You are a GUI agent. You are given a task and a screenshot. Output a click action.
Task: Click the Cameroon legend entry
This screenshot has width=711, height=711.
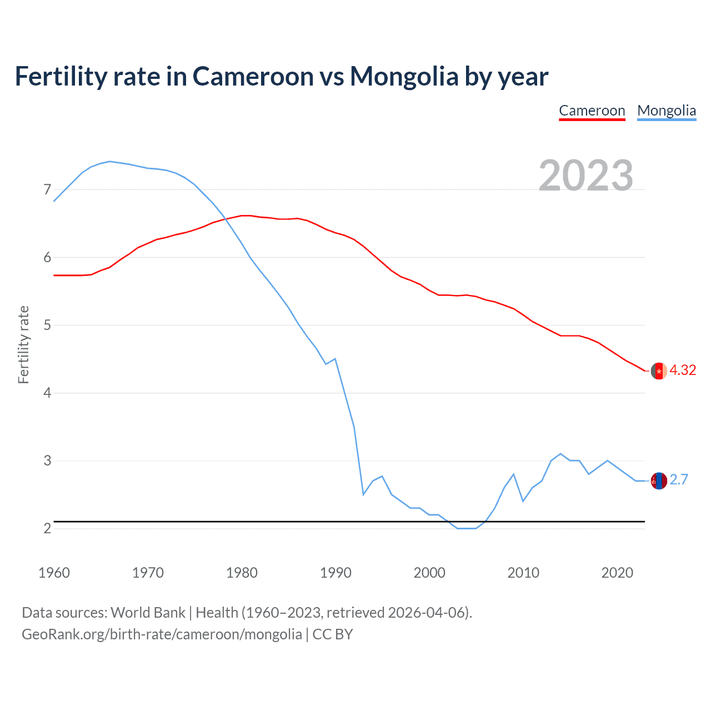pos(592,111)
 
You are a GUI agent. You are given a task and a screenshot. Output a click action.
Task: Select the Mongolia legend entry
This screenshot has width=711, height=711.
pos(666,111)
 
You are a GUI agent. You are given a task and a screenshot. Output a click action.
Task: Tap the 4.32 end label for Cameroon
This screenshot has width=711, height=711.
pos(682,370)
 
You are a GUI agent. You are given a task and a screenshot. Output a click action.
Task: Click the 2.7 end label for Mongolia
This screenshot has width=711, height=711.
pos(679,479)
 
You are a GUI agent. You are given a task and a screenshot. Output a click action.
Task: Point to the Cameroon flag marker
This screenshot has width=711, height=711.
pos(659,370)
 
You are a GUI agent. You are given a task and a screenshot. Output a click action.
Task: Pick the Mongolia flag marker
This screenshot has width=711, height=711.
pos(659,480)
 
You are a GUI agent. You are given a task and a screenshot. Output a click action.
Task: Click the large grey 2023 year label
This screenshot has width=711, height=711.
pos(585,176)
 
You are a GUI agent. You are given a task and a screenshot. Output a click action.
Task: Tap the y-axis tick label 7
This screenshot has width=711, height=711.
pos(47,190)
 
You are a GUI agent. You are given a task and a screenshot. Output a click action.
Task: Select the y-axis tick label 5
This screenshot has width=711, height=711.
pos(47,325)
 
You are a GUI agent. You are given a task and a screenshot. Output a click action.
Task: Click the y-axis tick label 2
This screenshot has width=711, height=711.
pos(47,528)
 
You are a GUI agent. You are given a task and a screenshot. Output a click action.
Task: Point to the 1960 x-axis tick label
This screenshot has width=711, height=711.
pos(54,573)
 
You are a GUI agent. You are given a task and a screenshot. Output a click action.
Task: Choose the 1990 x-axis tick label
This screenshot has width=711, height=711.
pos(336,573)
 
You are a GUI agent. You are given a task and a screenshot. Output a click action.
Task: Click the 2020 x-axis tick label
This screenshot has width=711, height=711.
pos(617,573)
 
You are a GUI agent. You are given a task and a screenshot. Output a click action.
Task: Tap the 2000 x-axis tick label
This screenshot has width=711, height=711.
pos(429,573)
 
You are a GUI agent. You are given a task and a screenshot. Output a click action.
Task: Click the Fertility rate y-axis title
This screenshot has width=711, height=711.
pos(23,344)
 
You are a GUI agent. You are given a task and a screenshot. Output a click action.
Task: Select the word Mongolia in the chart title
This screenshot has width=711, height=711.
pos(404,76)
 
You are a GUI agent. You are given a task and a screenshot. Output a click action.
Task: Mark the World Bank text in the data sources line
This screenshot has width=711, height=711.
pos(148,613)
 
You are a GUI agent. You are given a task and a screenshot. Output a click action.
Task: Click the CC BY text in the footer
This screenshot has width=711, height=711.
pos(333,634)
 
